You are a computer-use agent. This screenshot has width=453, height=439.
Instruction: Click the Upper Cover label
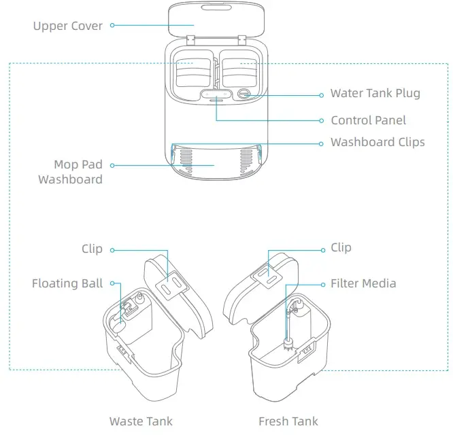pyautogui.click(x=67, y=26)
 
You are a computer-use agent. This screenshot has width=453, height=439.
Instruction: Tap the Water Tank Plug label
pyautogui.click(x=375, y=93)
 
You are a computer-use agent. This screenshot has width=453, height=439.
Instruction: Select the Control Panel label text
pyautogui.click(x=368, y=120)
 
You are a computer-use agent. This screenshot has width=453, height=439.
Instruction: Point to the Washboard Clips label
pyautogui.click(x=377, y=142)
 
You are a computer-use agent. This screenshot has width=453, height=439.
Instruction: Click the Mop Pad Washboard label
pyautogui.click(x=70, y=172)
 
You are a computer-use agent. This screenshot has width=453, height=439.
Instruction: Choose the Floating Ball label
pyautogui.click(x=67, y=283)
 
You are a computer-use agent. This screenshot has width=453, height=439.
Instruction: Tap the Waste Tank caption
pyautogui.click(x=141, y=421)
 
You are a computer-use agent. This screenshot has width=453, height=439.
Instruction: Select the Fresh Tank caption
pyautogui.click(x=288, y=421)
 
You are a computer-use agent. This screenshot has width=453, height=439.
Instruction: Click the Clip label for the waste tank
pyautogui.click(x=92, y=249)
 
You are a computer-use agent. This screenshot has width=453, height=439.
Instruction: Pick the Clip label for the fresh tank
pyautogui.click(x=341, y=247)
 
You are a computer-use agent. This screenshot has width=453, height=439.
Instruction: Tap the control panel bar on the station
pyautogui.click(x=216, y=94)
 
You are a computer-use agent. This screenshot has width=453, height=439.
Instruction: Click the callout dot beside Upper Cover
pyautogui.click(x=112, y=26)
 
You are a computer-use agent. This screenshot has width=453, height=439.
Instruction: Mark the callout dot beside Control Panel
pyautogui.click(x=322, y=120)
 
